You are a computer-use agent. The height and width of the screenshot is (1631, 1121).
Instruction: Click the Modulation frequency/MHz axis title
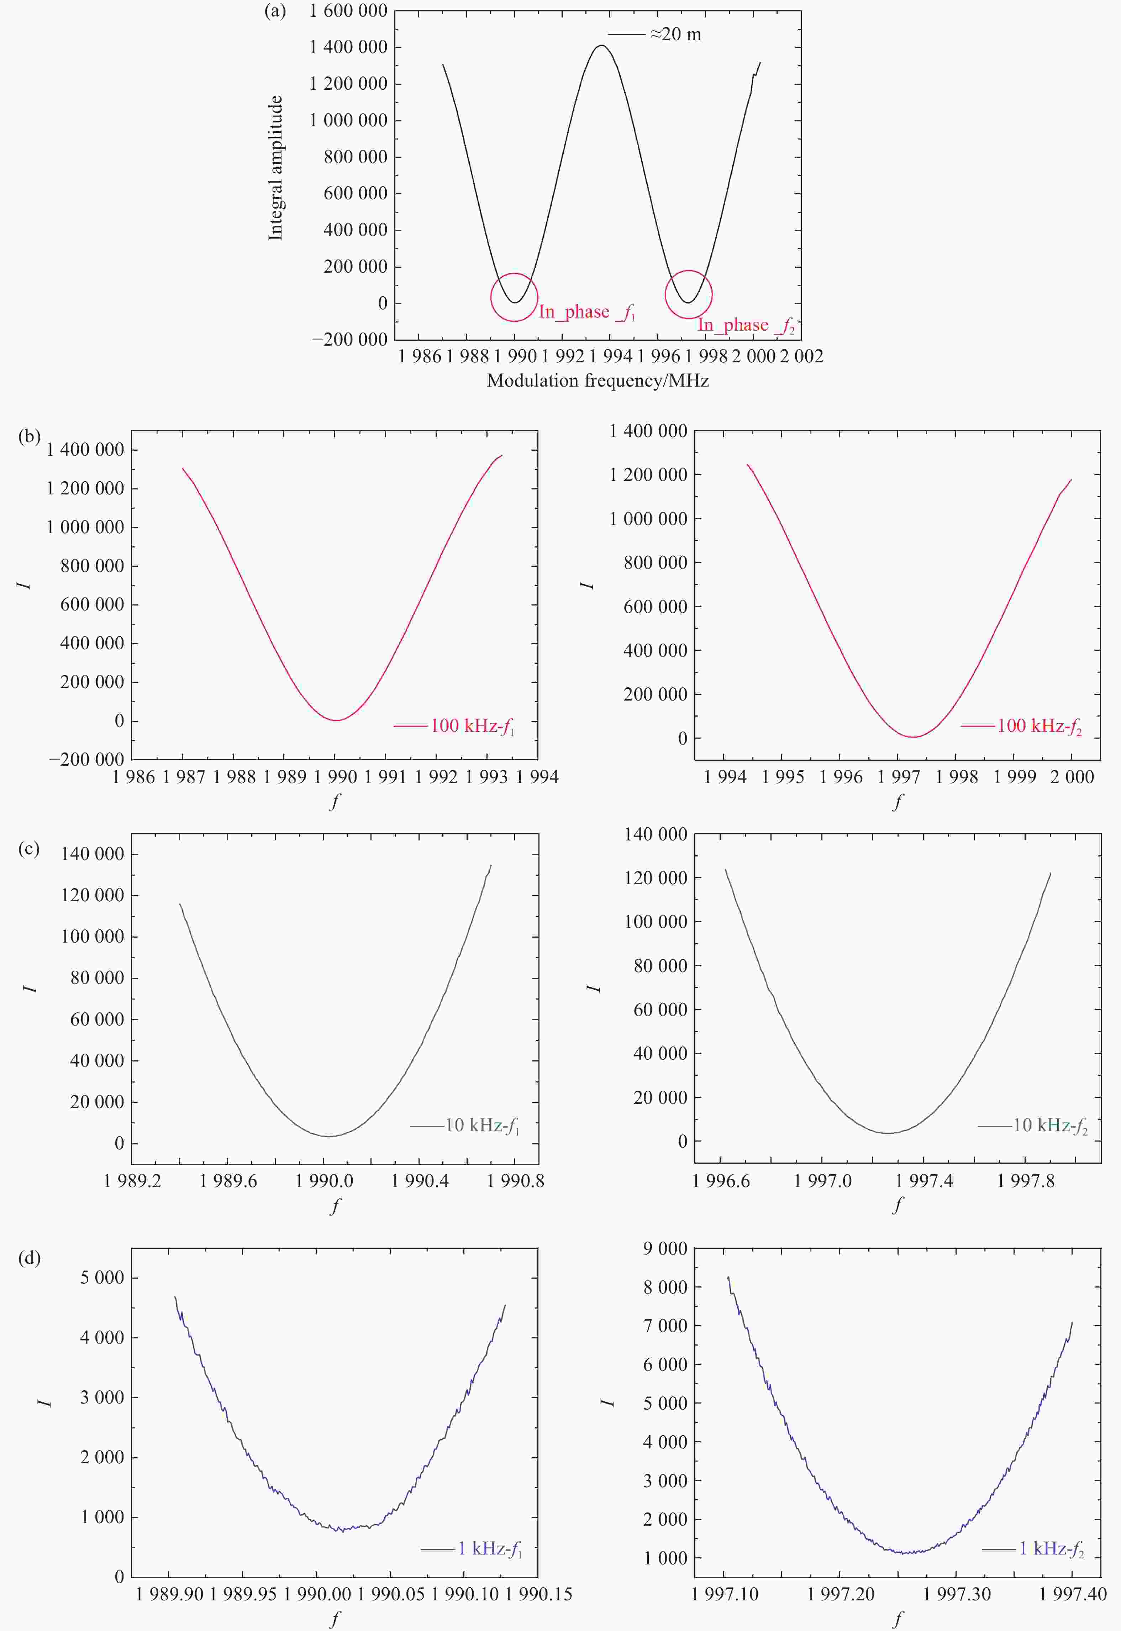[x=598, y=381]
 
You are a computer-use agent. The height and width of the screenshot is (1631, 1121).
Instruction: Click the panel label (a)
[x=275, y=11]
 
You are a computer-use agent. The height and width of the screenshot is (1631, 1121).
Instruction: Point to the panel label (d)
[x=29, y=1258]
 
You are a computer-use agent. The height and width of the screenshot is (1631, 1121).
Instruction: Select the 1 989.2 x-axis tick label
[x=132, y=1181]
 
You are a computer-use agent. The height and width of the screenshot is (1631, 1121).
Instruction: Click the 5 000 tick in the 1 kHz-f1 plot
[x=102, y=1278]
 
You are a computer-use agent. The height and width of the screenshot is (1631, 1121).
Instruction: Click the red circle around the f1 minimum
[x=514, y=297]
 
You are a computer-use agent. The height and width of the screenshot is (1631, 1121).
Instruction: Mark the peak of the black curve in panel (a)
[x=601, y=46]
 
